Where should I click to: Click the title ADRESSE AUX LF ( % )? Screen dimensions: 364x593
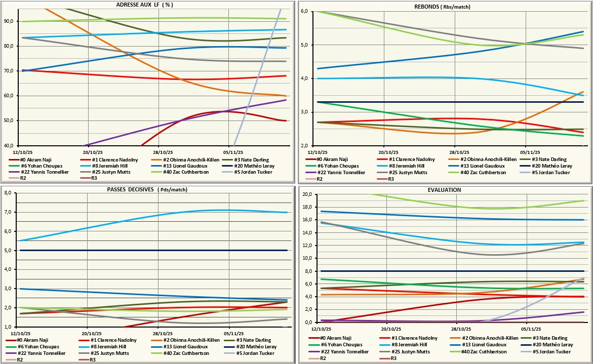click(x=148, y=4)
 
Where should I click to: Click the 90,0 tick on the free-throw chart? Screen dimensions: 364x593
click(x=9, y=21)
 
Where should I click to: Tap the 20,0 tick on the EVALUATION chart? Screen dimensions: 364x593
click(x=307, y=194)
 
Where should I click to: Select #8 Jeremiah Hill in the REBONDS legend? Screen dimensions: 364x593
click(x=402, y=166)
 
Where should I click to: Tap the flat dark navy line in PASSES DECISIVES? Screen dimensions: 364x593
click(x=152, y=250)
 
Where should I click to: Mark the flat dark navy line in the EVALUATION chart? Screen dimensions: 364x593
click(x=446, y=271)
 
